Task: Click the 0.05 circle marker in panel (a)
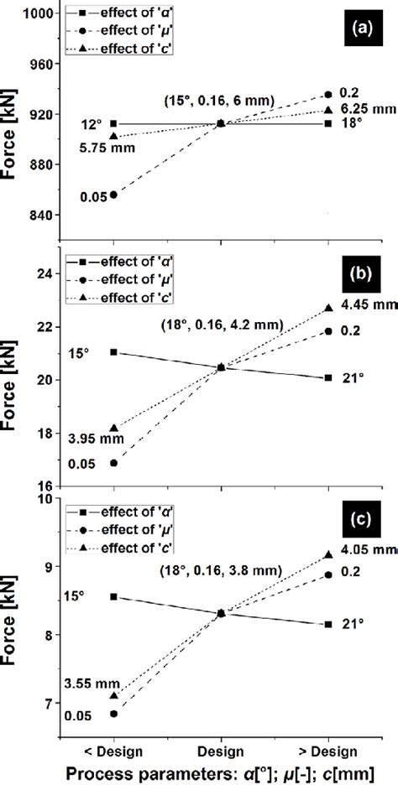pos(113,195)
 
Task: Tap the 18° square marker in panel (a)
pos(328,123)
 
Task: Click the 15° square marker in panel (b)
pos(113,352)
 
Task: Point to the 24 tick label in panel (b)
pos(44,273)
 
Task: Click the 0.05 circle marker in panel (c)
pos(113,714)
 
